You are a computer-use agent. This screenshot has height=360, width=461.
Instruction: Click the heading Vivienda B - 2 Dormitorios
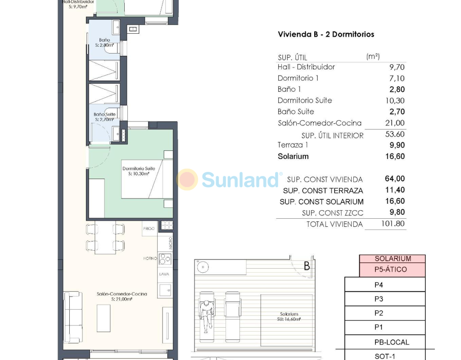[x=326, y=34]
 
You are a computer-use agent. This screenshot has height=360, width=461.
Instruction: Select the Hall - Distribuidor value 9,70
[x=397, y=67]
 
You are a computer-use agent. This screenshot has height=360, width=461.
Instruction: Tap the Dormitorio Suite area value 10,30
[x=395, y=101]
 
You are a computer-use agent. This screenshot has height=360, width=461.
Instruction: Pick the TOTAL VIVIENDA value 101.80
[x=393, y=224]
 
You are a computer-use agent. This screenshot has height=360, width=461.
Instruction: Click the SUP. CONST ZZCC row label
[x=333, y=213]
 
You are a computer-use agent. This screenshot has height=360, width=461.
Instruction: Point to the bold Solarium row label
[x=293, y=156]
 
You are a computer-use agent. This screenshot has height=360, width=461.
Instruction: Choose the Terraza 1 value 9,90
[x=397, y=145]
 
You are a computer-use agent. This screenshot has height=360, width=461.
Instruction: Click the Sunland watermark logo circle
[x=187, y=179]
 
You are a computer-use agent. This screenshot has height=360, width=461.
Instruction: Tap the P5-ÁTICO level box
[x=392, y=270]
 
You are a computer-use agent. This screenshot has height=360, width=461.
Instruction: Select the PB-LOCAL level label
[x=392, y=342]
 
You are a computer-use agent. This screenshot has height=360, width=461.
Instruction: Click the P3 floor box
[x=385, y=299]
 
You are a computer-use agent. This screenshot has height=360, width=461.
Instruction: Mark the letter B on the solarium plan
[x=307, y=266]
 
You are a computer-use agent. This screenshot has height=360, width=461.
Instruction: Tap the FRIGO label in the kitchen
[x=149, y=229]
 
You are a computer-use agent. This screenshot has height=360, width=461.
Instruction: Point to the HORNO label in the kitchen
[x=150, y=258]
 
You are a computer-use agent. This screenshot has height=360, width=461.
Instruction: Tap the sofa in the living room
[x=73, y=317]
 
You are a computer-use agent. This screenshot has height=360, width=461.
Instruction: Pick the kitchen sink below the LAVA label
[x=165, y=290]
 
